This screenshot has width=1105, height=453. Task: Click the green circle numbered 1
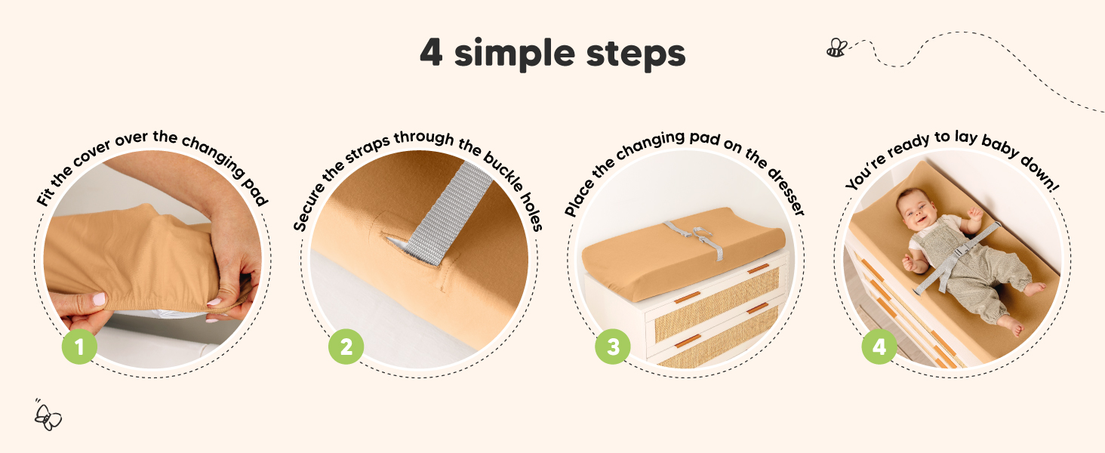[79, 347]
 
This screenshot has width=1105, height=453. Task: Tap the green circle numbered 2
[346, 347]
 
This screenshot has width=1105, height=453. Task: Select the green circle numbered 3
[613, 347]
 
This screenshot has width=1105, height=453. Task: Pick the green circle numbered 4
[879, 347]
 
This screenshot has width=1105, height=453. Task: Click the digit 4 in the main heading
[431, 52]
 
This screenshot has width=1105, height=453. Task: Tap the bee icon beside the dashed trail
[836, 48]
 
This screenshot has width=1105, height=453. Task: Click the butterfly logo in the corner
[48, 416]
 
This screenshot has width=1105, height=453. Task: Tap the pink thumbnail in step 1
[99, 298]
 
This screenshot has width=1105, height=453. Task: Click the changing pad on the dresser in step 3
[683, 251]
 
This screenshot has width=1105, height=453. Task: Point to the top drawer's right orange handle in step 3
[759, 269]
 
